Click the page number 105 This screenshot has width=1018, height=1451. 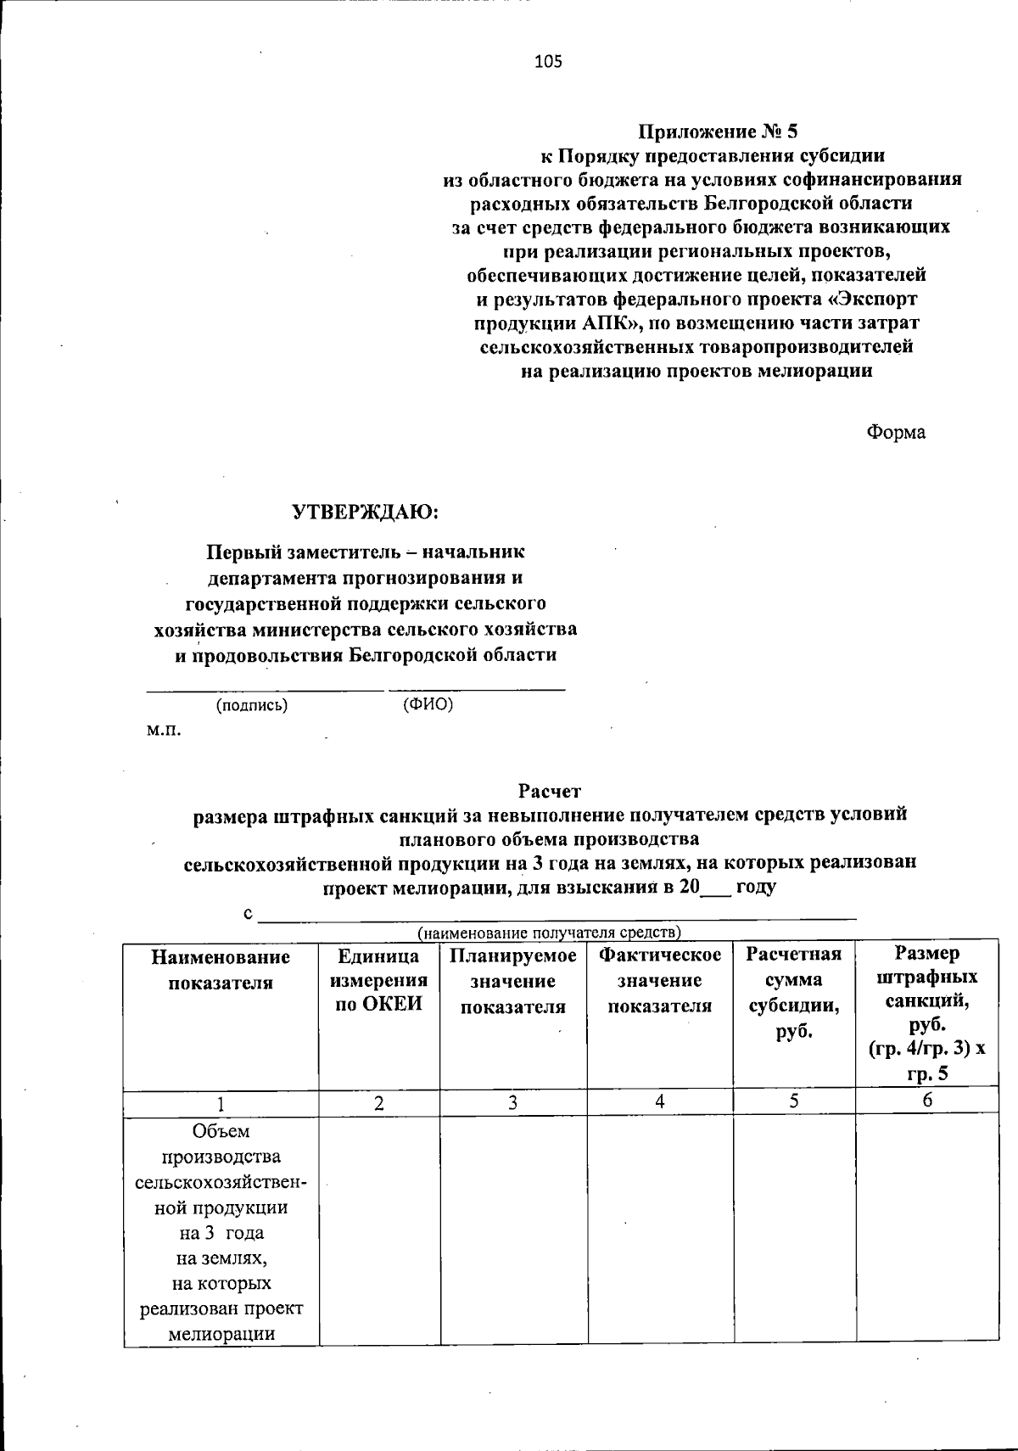point(548,61)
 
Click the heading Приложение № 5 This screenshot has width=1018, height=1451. point(718,132)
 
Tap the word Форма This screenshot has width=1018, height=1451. point(895,432)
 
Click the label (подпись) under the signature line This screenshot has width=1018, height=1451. point(252,705)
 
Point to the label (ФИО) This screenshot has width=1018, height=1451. point(428,705)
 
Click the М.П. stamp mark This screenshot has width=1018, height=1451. point(163,730)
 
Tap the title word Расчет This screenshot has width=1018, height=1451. point(549,792)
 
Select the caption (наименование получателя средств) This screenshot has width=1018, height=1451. point(549,933)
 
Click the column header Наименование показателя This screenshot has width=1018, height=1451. point(221,969)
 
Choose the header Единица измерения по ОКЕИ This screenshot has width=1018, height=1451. point(378,981)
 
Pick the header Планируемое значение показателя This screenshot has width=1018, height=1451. point(513,981)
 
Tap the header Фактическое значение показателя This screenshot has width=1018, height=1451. point(660,981)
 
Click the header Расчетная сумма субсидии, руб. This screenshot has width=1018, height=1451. point(793,993)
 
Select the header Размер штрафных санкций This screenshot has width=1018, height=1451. point(926,1013)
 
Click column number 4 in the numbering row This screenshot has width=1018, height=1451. point(659,1101)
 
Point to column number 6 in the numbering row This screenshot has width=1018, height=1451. point(927,1101)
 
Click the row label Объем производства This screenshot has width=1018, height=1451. point(221,1144)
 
